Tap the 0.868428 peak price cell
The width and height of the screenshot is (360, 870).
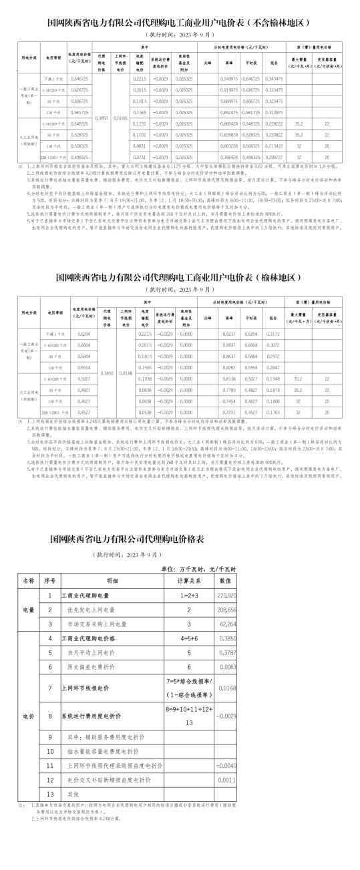[x=228, y=124]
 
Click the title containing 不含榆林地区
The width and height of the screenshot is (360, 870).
[x=180, y=22]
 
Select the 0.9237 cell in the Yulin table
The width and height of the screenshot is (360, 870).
[x=228, y=333]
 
